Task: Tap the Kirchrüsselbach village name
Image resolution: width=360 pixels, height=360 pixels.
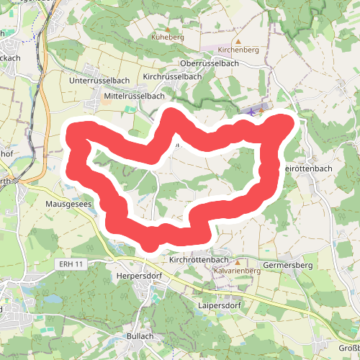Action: coord(172,76)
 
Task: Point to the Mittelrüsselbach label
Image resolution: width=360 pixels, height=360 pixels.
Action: coord(135,95)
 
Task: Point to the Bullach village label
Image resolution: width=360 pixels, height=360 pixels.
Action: coord(140,336)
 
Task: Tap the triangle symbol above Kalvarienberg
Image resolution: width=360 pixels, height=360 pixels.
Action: coord(236,261)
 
